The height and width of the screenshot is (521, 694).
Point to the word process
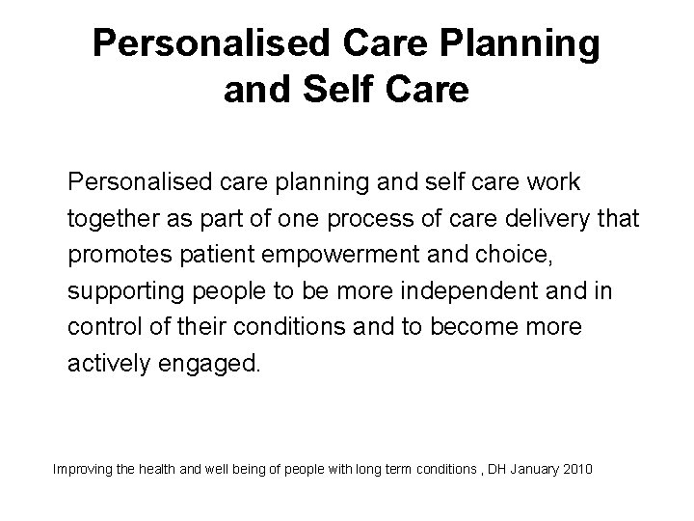pos(374,221)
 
